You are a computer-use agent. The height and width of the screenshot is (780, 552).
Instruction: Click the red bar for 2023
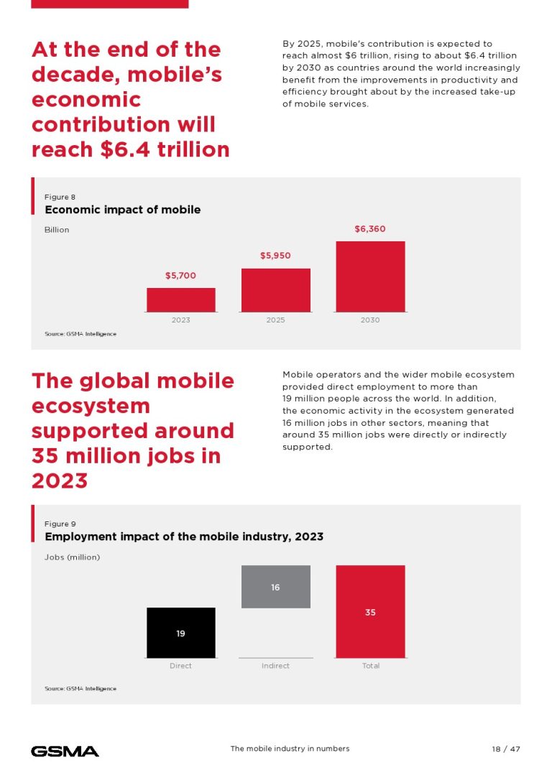pos(180,300)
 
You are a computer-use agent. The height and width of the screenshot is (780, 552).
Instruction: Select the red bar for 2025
pos(275,290)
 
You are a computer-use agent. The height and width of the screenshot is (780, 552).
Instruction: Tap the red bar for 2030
pos(370,277)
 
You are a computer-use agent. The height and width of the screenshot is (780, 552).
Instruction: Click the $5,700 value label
pos(180,276)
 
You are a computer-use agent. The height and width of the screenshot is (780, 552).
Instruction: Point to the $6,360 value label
pos(370,229)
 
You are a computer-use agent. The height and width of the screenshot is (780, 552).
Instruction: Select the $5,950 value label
pos(275,256)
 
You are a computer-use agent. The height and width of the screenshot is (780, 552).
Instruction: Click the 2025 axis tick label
pos(275,320)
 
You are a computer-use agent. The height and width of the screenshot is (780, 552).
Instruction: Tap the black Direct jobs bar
pos(180,633)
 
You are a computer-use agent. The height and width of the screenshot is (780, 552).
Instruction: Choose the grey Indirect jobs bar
pos(275,588)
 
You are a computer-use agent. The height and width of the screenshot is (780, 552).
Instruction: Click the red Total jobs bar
pos(370,612)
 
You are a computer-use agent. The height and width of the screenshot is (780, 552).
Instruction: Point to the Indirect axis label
pos(275,666)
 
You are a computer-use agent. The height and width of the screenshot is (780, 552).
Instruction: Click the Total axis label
pos(370,666)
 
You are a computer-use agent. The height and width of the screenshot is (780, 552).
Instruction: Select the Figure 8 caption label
pos(60,197)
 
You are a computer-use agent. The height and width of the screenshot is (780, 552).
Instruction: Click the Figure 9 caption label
pos(60,524)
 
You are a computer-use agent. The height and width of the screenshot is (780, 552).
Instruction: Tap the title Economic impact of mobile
pos(122,210)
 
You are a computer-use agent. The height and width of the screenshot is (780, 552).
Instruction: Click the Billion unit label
pos(57,230)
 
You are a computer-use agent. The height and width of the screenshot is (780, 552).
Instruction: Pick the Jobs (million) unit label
pos(72,557)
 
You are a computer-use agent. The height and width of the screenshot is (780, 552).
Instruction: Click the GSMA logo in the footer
pos(65,751)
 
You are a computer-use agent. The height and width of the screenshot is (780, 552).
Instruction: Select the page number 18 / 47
pos(506,749)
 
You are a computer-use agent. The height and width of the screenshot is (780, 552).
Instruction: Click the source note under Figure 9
pos(80,689)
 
